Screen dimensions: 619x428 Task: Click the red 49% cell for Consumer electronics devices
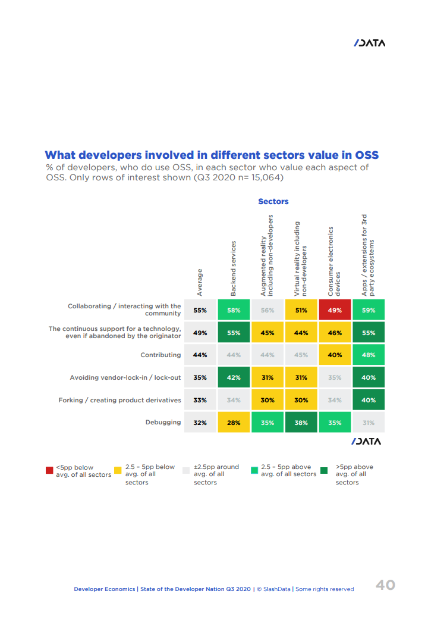(335, 310)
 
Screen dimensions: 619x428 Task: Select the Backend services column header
(234, 268)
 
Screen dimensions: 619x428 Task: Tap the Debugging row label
(163, 423)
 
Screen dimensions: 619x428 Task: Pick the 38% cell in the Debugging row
(301, 423)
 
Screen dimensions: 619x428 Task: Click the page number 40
(385, 585)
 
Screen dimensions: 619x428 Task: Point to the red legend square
(50, 471)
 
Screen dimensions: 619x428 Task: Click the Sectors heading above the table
(273, 202)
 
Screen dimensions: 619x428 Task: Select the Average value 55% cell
(200, 310)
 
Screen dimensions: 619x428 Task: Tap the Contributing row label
(160, 355)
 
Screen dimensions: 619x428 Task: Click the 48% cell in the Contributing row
(369, 355)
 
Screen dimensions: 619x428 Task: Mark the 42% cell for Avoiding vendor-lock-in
(234, 377)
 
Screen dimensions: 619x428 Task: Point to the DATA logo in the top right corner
(369, 43)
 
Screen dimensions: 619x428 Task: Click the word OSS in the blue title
(364, 155)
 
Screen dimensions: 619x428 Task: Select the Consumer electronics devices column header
(335, 261)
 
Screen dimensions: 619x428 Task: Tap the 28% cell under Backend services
(234, 423)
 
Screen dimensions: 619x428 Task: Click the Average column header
(200, 282)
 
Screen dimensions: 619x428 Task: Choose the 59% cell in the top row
(369, 310)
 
